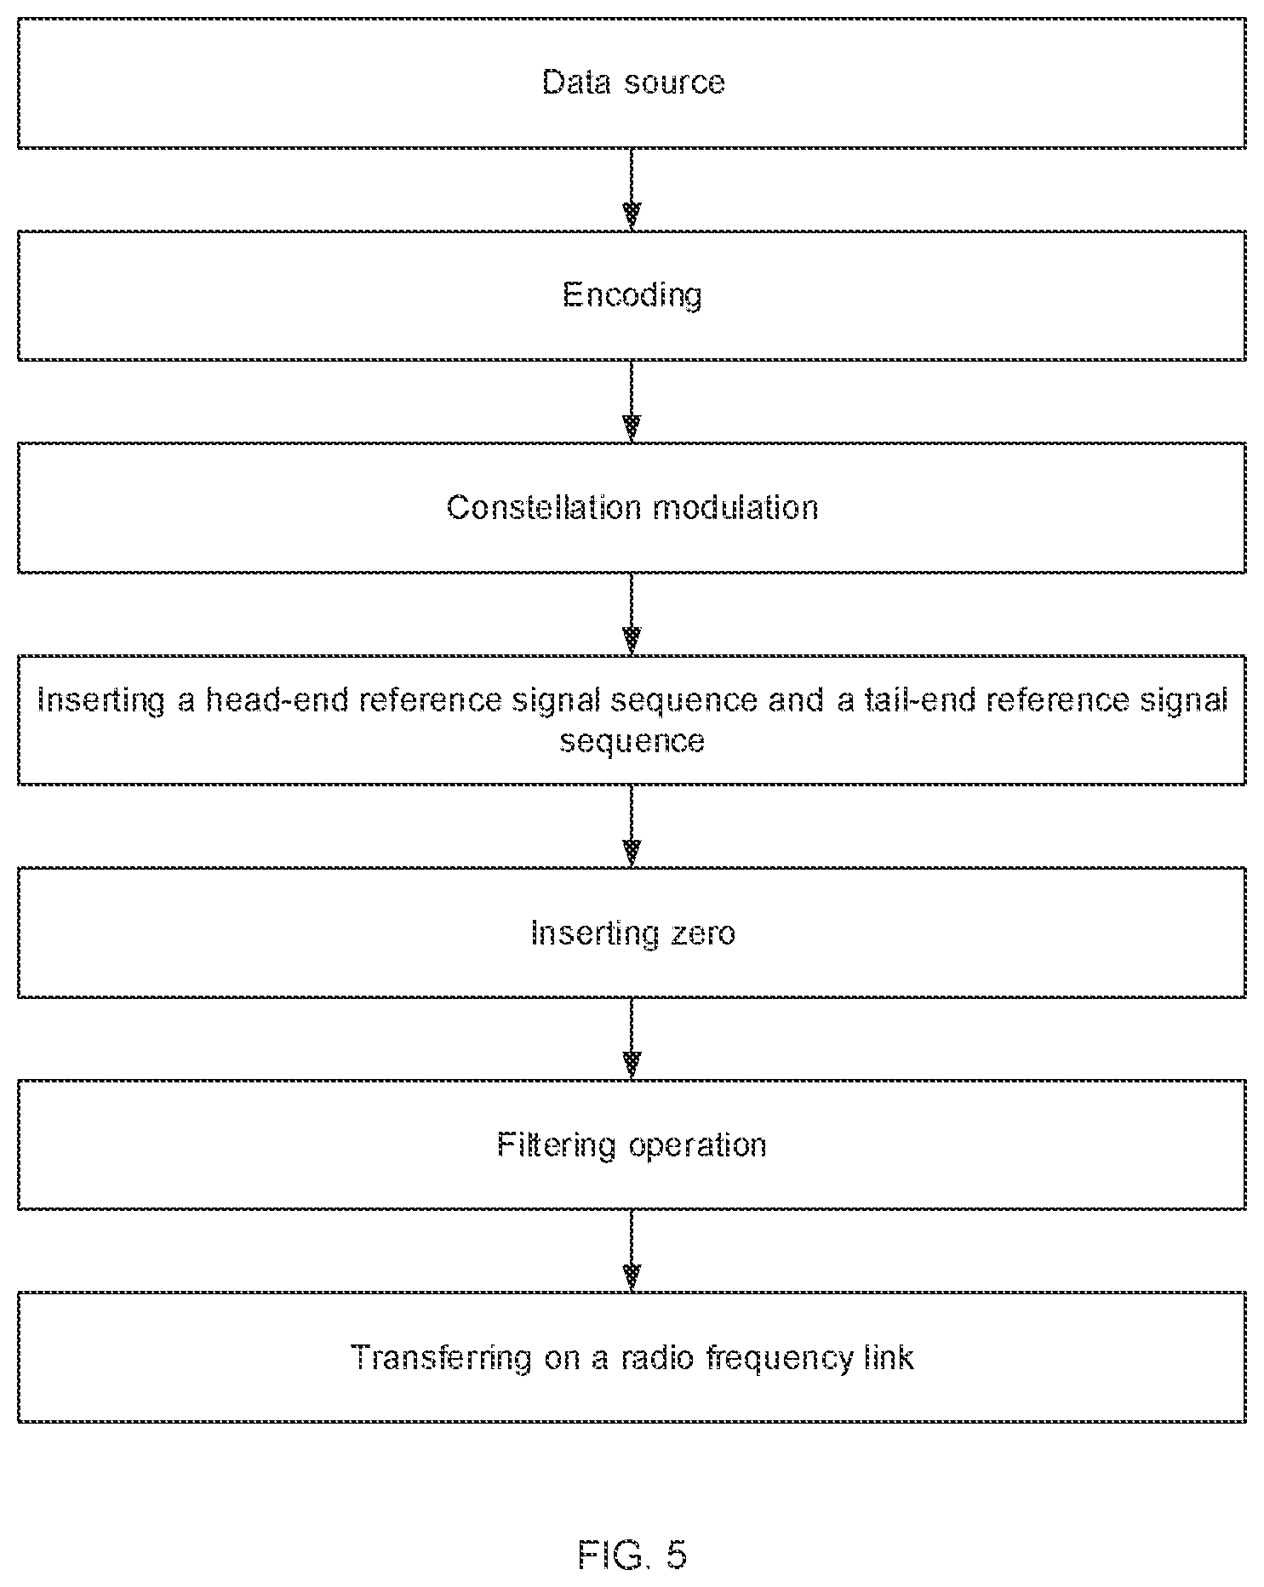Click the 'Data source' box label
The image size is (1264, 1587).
point(633,83)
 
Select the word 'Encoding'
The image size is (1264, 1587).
point(632,295)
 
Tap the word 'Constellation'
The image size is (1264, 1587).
point(544,507)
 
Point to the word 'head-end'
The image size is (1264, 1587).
point(277,699)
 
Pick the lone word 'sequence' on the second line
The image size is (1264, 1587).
point(632,740)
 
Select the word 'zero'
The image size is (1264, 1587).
point(702,933)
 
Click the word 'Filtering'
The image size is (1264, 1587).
point(557,1145)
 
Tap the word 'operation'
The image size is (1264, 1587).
point(697,1145)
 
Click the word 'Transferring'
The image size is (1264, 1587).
point(441,1357)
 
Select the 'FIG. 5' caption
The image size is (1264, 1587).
point(632,1556)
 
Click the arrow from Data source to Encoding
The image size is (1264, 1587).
point(632,189)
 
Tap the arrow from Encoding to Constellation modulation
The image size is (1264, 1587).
point(632,402)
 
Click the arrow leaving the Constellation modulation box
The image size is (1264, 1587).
point(632,614)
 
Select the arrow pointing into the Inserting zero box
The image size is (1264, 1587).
point(632,826)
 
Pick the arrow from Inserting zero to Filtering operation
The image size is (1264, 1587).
point(632,1039)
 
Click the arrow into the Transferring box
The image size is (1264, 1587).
point(632,1251)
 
